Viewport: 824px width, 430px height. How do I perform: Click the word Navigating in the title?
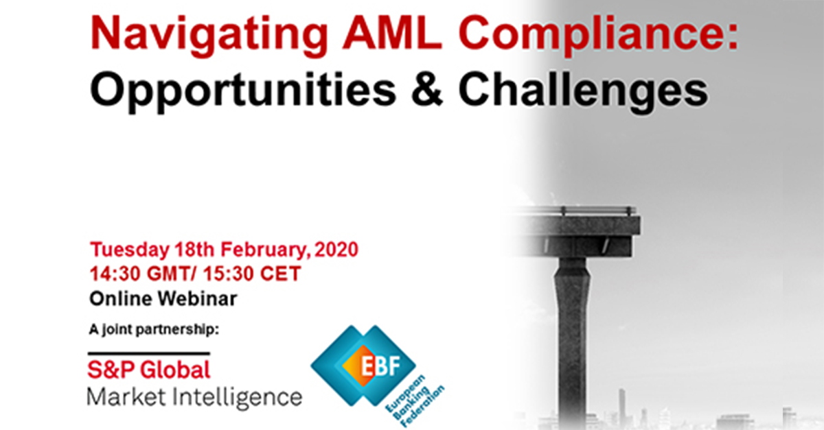(209, 35)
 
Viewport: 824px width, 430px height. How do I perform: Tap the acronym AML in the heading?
(392, 33)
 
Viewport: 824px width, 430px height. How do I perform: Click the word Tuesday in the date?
(130, 250)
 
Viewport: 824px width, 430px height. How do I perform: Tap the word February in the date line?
(263, 250)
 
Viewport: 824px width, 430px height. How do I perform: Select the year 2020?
(336, 250)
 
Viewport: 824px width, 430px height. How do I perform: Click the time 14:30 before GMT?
(115, 274)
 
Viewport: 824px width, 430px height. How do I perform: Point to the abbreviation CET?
(281, 274)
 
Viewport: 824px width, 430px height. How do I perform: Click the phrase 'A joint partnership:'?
(154, 329)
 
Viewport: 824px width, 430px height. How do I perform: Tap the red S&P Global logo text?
(148, 370)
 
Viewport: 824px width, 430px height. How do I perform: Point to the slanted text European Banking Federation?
(415, 401)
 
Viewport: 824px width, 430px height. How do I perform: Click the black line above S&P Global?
(148, 354)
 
